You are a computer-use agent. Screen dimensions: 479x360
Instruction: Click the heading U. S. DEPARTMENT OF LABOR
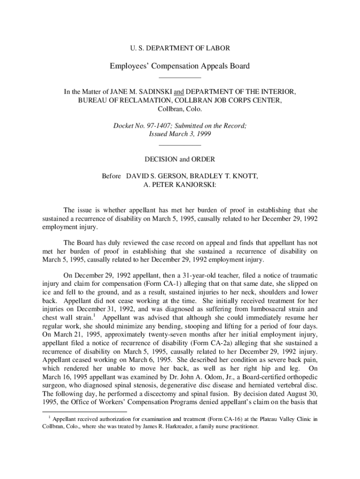point(180,48)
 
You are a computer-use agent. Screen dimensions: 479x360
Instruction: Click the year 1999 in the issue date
point(203,134)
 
